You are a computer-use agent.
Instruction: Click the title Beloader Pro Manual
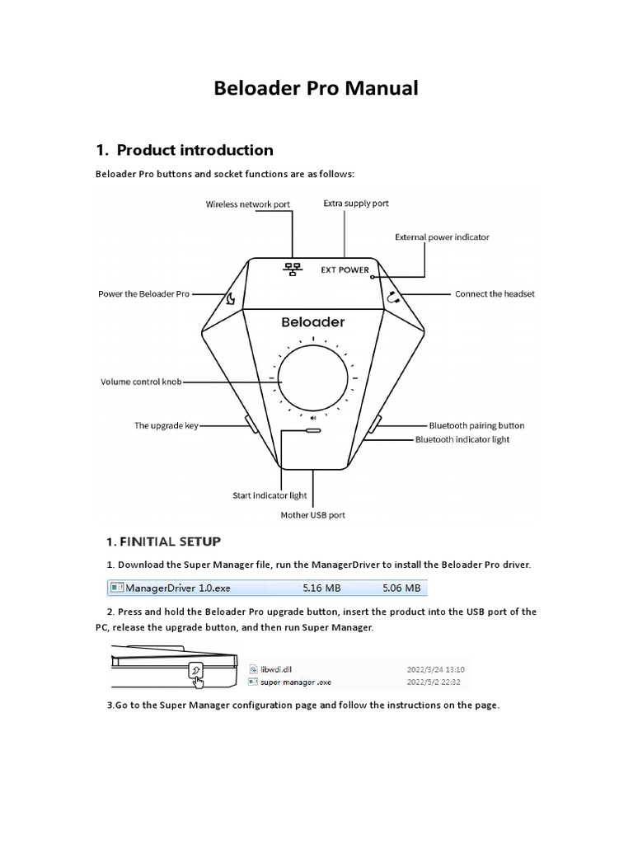click(x=316, y=88)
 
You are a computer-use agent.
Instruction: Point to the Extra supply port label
click(x=356, y=203)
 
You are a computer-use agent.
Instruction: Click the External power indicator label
click(x=442, y=237)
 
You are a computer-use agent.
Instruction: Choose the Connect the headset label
click(x=495, y=294)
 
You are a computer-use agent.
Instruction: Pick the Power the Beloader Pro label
click(x=143, y=294)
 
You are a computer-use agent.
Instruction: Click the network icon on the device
click(x=291, y=269)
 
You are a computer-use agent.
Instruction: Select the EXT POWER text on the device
click(x=345, y=270)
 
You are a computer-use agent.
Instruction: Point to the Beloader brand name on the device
click(x=313, y=322)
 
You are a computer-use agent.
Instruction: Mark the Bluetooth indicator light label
click(x=462, y=440)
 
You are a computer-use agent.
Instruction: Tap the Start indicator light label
click(x=270, y=496)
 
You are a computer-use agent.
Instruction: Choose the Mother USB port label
click(x=313, y=515)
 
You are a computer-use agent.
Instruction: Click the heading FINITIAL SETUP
click(x=163, y=542)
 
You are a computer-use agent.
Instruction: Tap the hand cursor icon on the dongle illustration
click(x=196, y=672)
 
